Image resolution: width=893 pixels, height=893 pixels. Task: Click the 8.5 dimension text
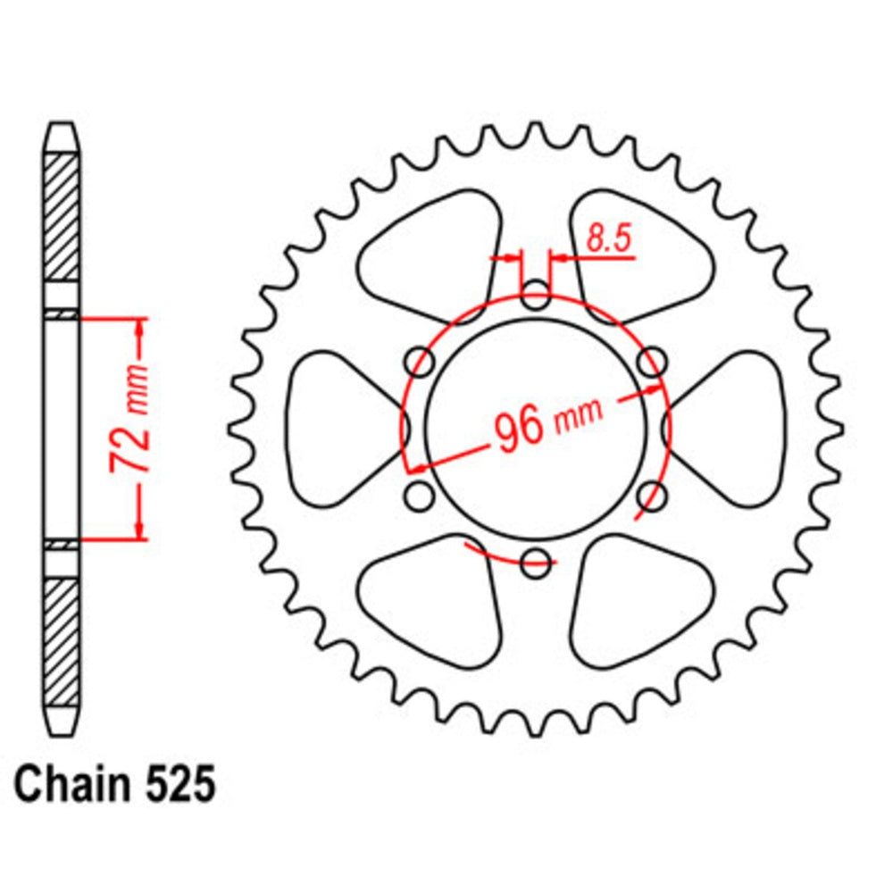610,239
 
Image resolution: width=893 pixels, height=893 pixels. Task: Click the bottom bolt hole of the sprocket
535,562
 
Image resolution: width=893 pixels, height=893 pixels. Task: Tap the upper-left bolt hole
420,362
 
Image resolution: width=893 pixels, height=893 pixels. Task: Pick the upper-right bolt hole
653,362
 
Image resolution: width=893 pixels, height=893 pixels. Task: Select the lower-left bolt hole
420,495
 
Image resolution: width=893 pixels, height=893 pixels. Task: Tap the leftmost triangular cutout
335,427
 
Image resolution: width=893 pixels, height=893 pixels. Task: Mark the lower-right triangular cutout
640,603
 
